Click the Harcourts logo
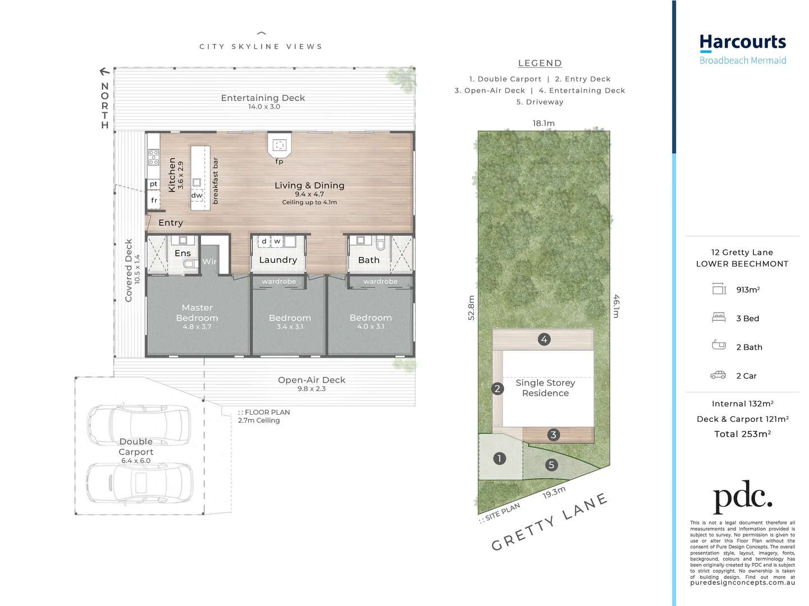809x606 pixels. point(742,49)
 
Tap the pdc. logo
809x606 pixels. point(742,497)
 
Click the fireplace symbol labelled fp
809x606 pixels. point(280,145)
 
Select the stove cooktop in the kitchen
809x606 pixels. point(154,157)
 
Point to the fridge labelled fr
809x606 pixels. point(154,200)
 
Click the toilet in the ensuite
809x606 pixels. point(190,263)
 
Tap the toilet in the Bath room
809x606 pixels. point(381,244)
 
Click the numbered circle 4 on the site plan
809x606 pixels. point(544,339)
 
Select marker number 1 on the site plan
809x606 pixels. point(500,458)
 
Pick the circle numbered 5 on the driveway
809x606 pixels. point(551,465)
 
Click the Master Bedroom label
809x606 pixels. point(197,313)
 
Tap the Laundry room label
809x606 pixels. point(278,260)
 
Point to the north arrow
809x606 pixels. point(104,71)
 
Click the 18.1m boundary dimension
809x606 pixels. point(543,123)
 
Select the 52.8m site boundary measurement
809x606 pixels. point(471,307)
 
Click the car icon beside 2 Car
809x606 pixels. point(718,375)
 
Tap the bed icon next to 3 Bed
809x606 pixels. point(719,317)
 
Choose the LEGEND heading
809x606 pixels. point(540,63)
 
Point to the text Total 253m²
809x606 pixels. point(743,434)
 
